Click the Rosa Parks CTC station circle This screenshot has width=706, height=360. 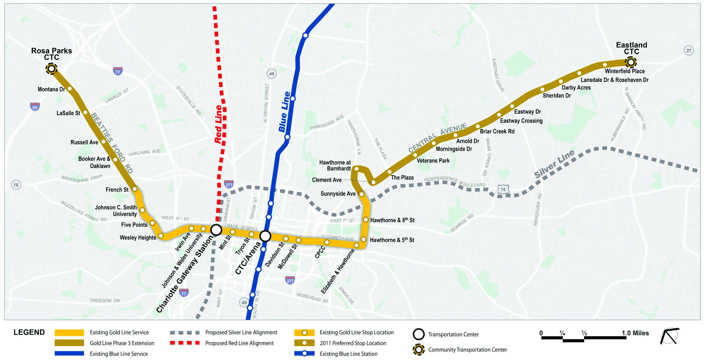click(51, 69)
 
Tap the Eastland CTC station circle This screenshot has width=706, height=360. click(631, 62)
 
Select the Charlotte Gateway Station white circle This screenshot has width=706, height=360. click(216, 230)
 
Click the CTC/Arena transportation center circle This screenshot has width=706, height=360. click(265, 236)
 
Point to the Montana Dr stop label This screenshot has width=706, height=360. click(52, 89)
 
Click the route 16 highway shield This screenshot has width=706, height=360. click(16, 185)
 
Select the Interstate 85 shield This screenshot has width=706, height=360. click(35, 107)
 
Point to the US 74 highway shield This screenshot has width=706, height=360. click(503, 189)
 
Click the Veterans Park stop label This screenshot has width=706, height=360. click(433, 160)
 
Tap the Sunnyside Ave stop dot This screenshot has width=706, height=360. click(361, 195)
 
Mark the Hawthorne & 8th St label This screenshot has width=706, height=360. click(392, 220)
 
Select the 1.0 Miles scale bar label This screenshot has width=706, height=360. click(635, 333)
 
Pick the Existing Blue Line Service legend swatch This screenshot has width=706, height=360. click(69, 354)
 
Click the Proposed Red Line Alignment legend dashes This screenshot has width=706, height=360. click(184, 343)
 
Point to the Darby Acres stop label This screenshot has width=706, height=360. click(576, 88)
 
